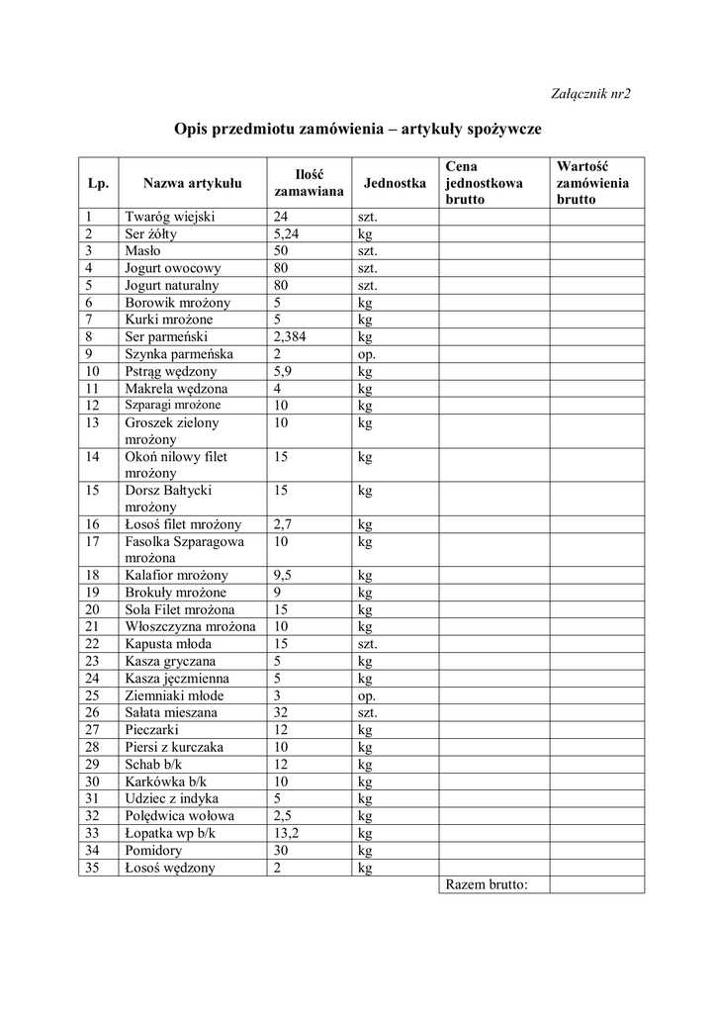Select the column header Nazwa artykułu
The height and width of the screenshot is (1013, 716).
coord(192,183)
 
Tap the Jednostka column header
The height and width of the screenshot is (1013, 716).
coord(395,183)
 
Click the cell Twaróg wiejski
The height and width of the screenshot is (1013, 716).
coord(171,218)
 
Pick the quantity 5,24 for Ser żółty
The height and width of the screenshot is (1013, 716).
coord(287,234)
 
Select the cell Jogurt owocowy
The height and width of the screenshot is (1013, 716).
coord(173,268)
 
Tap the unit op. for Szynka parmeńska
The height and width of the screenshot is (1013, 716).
coord(367,353)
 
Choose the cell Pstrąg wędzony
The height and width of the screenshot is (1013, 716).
coord(173,371)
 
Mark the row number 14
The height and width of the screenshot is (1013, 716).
coord(93,457)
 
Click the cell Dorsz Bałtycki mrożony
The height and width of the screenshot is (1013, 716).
coord(168,499)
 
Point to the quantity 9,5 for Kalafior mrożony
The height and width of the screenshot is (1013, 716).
coord(284,575)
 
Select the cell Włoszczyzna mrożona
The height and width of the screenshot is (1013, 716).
coord(190,626)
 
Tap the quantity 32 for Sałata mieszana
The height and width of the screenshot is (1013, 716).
coord(282,712)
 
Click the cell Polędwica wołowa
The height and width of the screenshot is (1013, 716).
coord(179,816)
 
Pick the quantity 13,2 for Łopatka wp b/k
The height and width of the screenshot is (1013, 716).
coord(287,833)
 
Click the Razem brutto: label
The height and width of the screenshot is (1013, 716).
coord(488,884)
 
